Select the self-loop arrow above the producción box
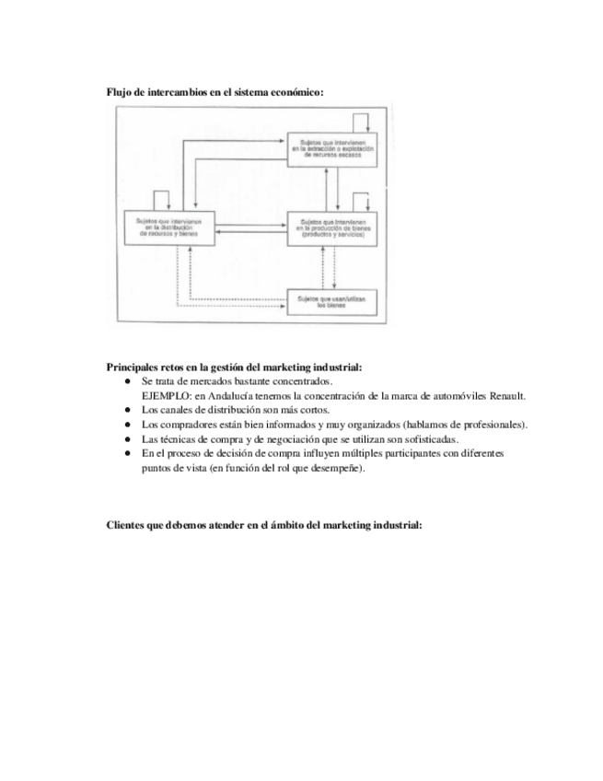[361, 201]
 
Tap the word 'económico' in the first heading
[298, 92]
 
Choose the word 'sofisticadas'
[429, 439]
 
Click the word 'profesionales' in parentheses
[492, 425]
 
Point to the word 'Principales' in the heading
[133, 366]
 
